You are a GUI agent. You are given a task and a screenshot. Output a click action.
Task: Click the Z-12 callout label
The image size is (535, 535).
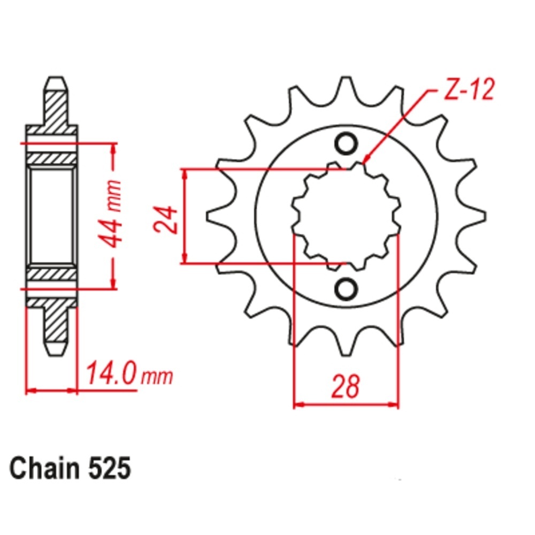point(469,90)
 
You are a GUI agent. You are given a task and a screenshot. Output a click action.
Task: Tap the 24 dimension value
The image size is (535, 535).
point(166,219)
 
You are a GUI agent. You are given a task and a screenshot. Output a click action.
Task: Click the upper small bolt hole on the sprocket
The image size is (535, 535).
point(346,144)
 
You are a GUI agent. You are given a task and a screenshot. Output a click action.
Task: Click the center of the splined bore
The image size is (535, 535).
point(346,217)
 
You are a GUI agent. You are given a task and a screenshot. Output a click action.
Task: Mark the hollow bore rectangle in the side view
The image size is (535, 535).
point(51,216)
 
